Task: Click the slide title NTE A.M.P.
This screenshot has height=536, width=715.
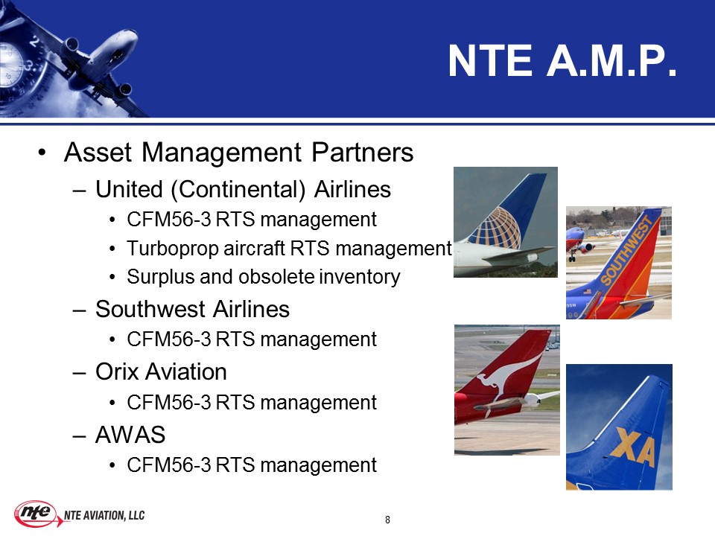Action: coord(562,61)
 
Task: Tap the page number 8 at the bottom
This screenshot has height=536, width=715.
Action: coord(387,520)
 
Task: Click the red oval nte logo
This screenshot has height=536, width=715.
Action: coord(36,513)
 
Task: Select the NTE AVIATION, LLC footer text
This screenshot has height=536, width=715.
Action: coord(104,515)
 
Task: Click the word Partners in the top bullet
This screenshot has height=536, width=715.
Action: coord(363,152)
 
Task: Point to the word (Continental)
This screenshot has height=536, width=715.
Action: coord(238,190)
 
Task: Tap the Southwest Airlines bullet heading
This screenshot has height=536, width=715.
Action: coord(192,309)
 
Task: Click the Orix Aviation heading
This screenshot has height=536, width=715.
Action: coord(161,371)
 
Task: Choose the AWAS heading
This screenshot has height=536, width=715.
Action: coord(130,434)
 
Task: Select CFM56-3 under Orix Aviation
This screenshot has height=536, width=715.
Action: coord(169,403)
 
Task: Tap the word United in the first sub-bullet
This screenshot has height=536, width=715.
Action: coord(129,190)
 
